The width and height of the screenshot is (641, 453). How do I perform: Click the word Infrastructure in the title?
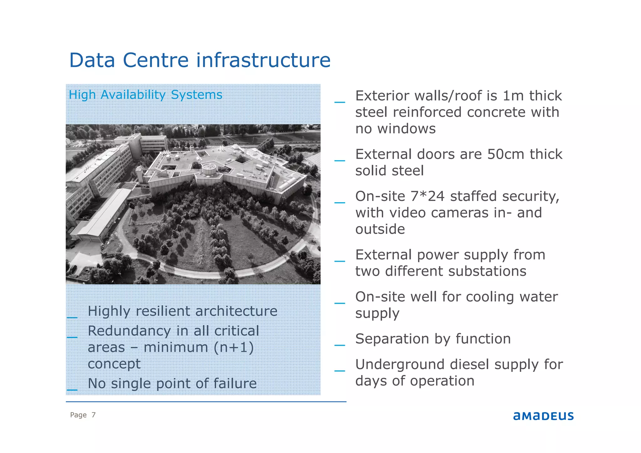click(x=263, y=60)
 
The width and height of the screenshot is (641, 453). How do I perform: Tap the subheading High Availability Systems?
click(x=146, y=95)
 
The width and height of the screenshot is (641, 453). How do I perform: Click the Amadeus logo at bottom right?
click(x=543, y=416)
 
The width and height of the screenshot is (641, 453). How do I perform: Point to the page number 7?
click(x=93, y=415)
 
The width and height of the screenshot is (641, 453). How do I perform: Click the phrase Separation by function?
click(x=433, y=339)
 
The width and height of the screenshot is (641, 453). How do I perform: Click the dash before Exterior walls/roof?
click(x=340, y=102)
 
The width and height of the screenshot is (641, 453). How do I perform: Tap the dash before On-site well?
click(x=340, y=303)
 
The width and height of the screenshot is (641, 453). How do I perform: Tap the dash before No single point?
click(x=72, y=389)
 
